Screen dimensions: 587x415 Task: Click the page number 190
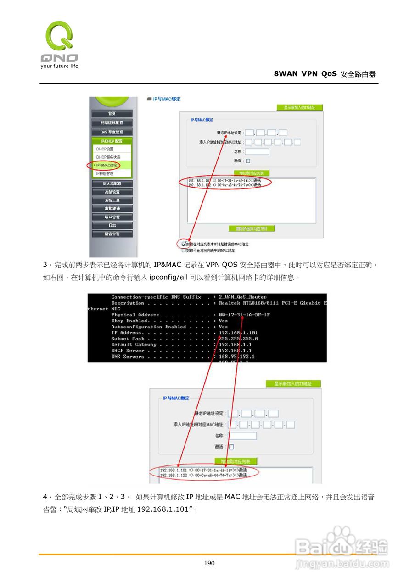point(209,563)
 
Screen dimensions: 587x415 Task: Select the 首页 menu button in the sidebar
point(112,113)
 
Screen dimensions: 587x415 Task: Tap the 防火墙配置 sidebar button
point(112,183)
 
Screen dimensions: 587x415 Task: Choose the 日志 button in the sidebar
point(112,225)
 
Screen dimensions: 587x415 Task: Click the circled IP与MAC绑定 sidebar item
point(107,165)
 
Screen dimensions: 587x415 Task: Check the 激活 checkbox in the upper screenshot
point(248,161)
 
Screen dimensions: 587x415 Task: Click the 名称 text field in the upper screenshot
point(257,152)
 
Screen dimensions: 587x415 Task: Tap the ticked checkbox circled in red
point(184,244)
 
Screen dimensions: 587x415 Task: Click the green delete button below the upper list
point(252,228)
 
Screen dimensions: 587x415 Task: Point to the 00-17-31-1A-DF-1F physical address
point(244,315)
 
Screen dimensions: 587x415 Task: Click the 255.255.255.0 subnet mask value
point(238,339)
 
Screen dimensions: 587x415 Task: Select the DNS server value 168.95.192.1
point(236,357)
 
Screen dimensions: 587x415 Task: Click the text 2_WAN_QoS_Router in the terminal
point(242,297)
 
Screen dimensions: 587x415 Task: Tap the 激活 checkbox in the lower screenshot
point(231,447)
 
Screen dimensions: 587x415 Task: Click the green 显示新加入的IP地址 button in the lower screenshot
point(293,384)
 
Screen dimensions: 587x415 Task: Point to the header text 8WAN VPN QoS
point(305,74)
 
